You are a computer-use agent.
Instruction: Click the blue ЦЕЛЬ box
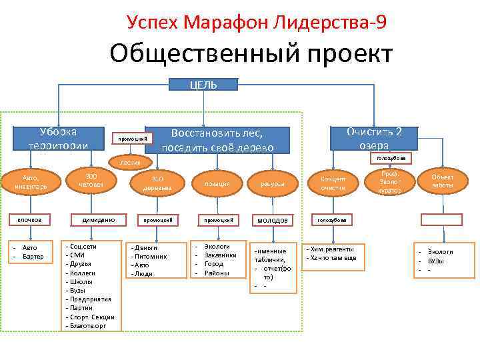[203, 85]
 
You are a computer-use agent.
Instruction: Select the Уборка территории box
[58, 139]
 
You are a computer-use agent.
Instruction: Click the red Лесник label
[130, 163]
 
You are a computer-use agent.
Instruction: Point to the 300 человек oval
[91, 179]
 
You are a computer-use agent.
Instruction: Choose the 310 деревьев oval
[157, 183]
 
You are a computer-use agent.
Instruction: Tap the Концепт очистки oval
[333, 183]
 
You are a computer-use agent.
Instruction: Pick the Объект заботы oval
[442, 181]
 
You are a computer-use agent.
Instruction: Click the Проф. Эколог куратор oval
[390, 181]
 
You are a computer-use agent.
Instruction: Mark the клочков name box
[29, 219]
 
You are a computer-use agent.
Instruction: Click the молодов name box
[273, 219]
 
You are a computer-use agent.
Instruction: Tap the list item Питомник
[151, 256]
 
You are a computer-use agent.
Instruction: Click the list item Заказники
[220, 255]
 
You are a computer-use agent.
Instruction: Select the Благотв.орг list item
[90, 325]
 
